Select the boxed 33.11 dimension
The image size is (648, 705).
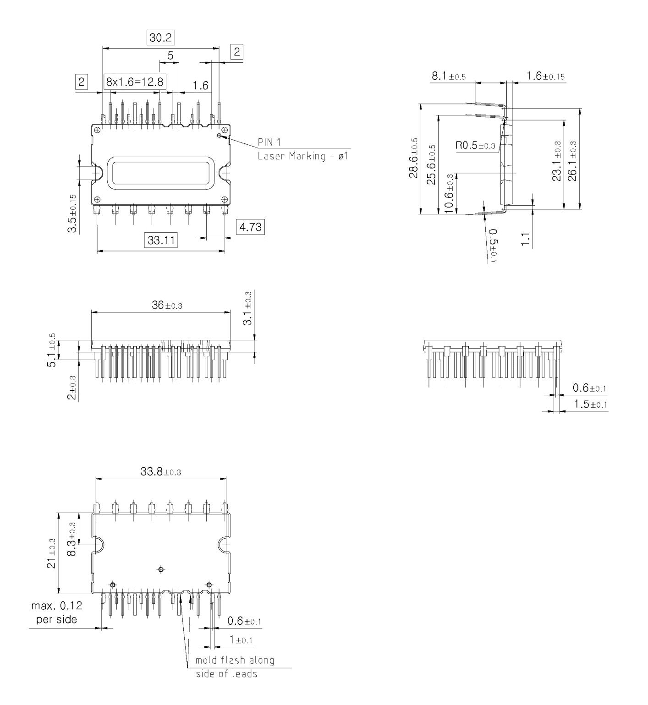click(160, 240)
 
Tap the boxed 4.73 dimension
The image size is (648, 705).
click(251, 227)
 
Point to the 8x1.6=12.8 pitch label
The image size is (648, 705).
click(135, 82)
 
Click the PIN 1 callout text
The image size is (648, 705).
click(269, 142)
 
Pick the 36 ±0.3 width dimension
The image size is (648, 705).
click(167, 306)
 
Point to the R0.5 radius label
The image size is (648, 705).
click(475, 146)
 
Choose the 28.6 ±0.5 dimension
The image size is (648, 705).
click(414, 158)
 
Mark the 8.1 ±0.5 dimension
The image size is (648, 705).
click(449, 77)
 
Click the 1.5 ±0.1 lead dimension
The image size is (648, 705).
click(590, 404)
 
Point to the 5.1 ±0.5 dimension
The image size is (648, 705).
click(55, 350)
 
